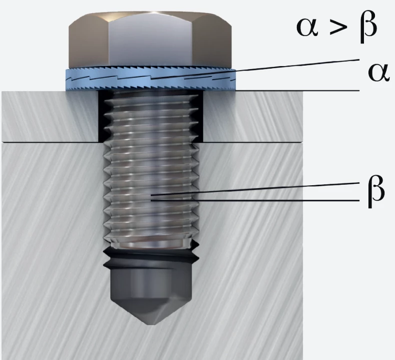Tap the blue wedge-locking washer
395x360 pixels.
coord(151,79)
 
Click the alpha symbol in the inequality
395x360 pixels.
coord(307,27)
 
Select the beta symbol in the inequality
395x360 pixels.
coord(368,27)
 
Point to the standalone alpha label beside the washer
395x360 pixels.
coord(378,73)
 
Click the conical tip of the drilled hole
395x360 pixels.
coord(151,310)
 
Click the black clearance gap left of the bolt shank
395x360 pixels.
coord(101,116)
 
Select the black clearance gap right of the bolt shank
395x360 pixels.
coord(199,116)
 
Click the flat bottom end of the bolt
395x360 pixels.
coord(151,244)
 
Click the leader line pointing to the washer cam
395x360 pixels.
coord(255,70)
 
